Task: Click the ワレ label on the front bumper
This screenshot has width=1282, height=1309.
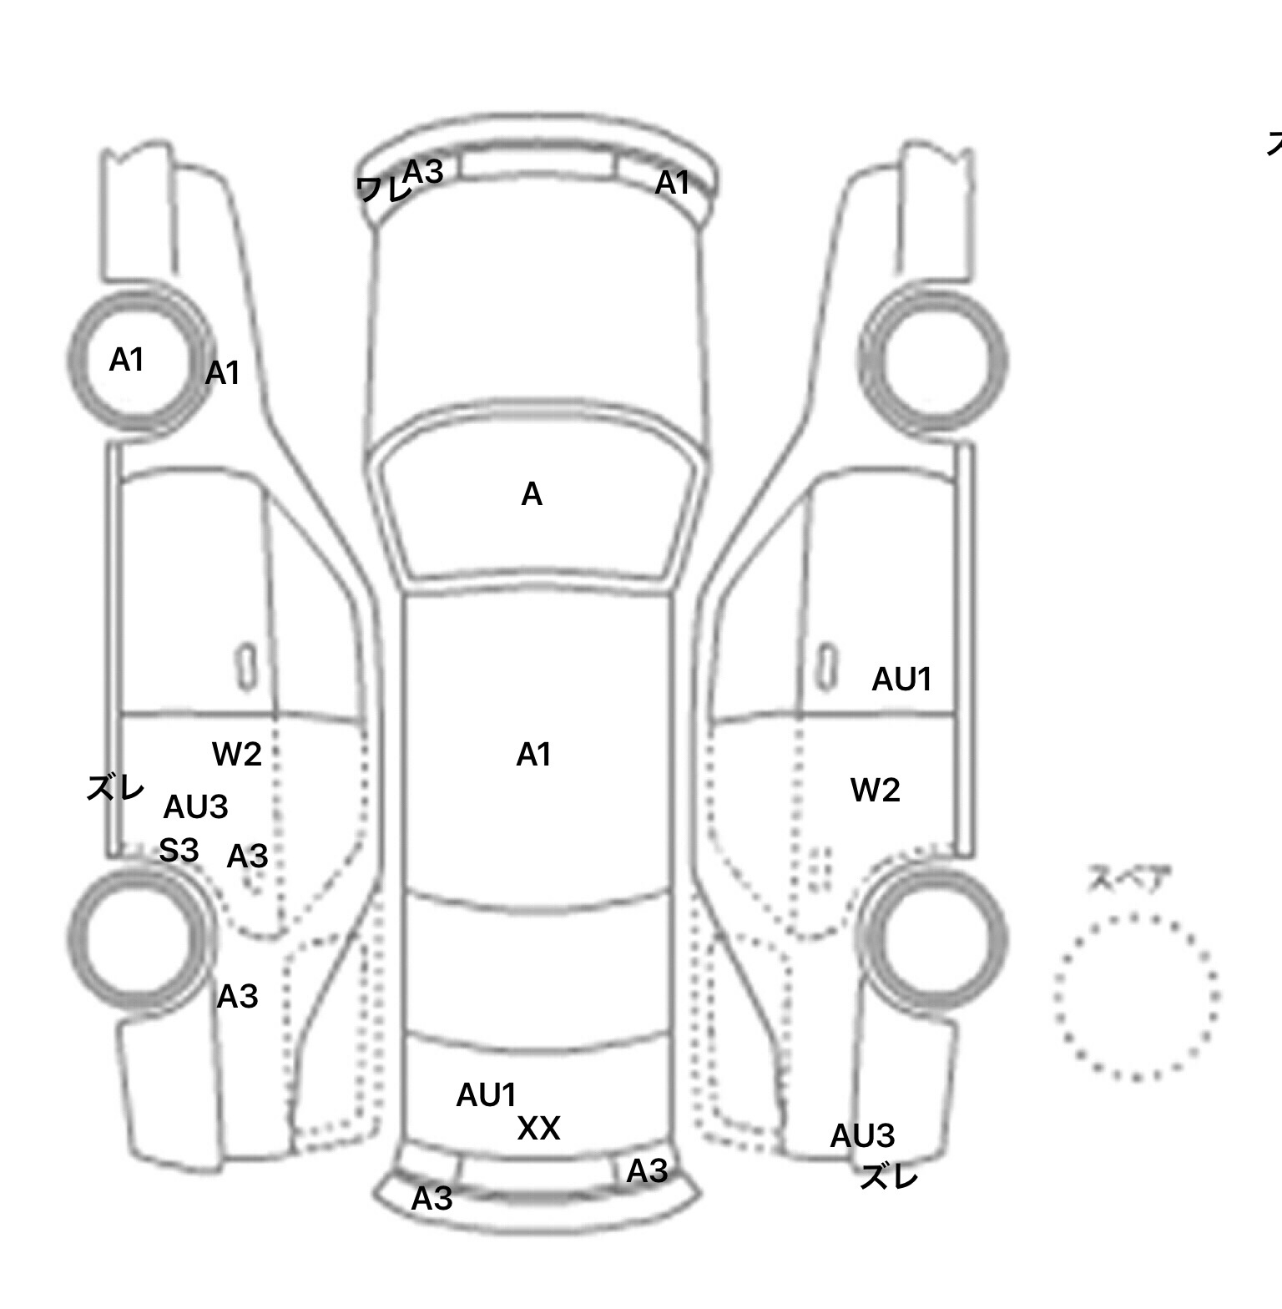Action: tap(383, 189)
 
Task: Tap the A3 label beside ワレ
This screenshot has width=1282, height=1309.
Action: tap(423, 171)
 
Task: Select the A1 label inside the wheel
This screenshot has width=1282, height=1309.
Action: tap(127, 360)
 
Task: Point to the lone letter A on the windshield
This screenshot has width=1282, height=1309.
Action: tap(532, 495)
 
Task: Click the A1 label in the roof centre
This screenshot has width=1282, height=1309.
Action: tap(534, 755)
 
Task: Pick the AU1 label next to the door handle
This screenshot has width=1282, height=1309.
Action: tap(901, 680)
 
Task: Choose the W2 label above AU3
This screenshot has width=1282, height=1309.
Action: tap(237, 754)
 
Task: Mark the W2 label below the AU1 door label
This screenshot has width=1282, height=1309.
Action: tap(876, 790)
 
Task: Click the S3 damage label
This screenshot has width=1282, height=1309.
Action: tap(179, 851)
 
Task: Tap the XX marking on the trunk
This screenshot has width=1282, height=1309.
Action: tap(538, 1129)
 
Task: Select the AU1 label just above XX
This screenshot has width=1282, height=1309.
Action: tap(487, 1095)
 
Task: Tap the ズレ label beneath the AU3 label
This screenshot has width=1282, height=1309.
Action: tap(889, 1177)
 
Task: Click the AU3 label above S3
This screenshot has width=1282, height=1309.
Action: tap(195, 807)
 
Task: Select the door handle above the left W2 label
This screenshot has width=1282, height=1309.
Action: tap(246, 666)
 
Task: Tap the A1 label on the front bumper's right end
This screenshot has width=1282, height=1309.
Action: tap(673, 183)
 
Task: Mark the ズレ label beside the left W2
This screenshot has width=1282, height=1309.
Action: tap(115, 787)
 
